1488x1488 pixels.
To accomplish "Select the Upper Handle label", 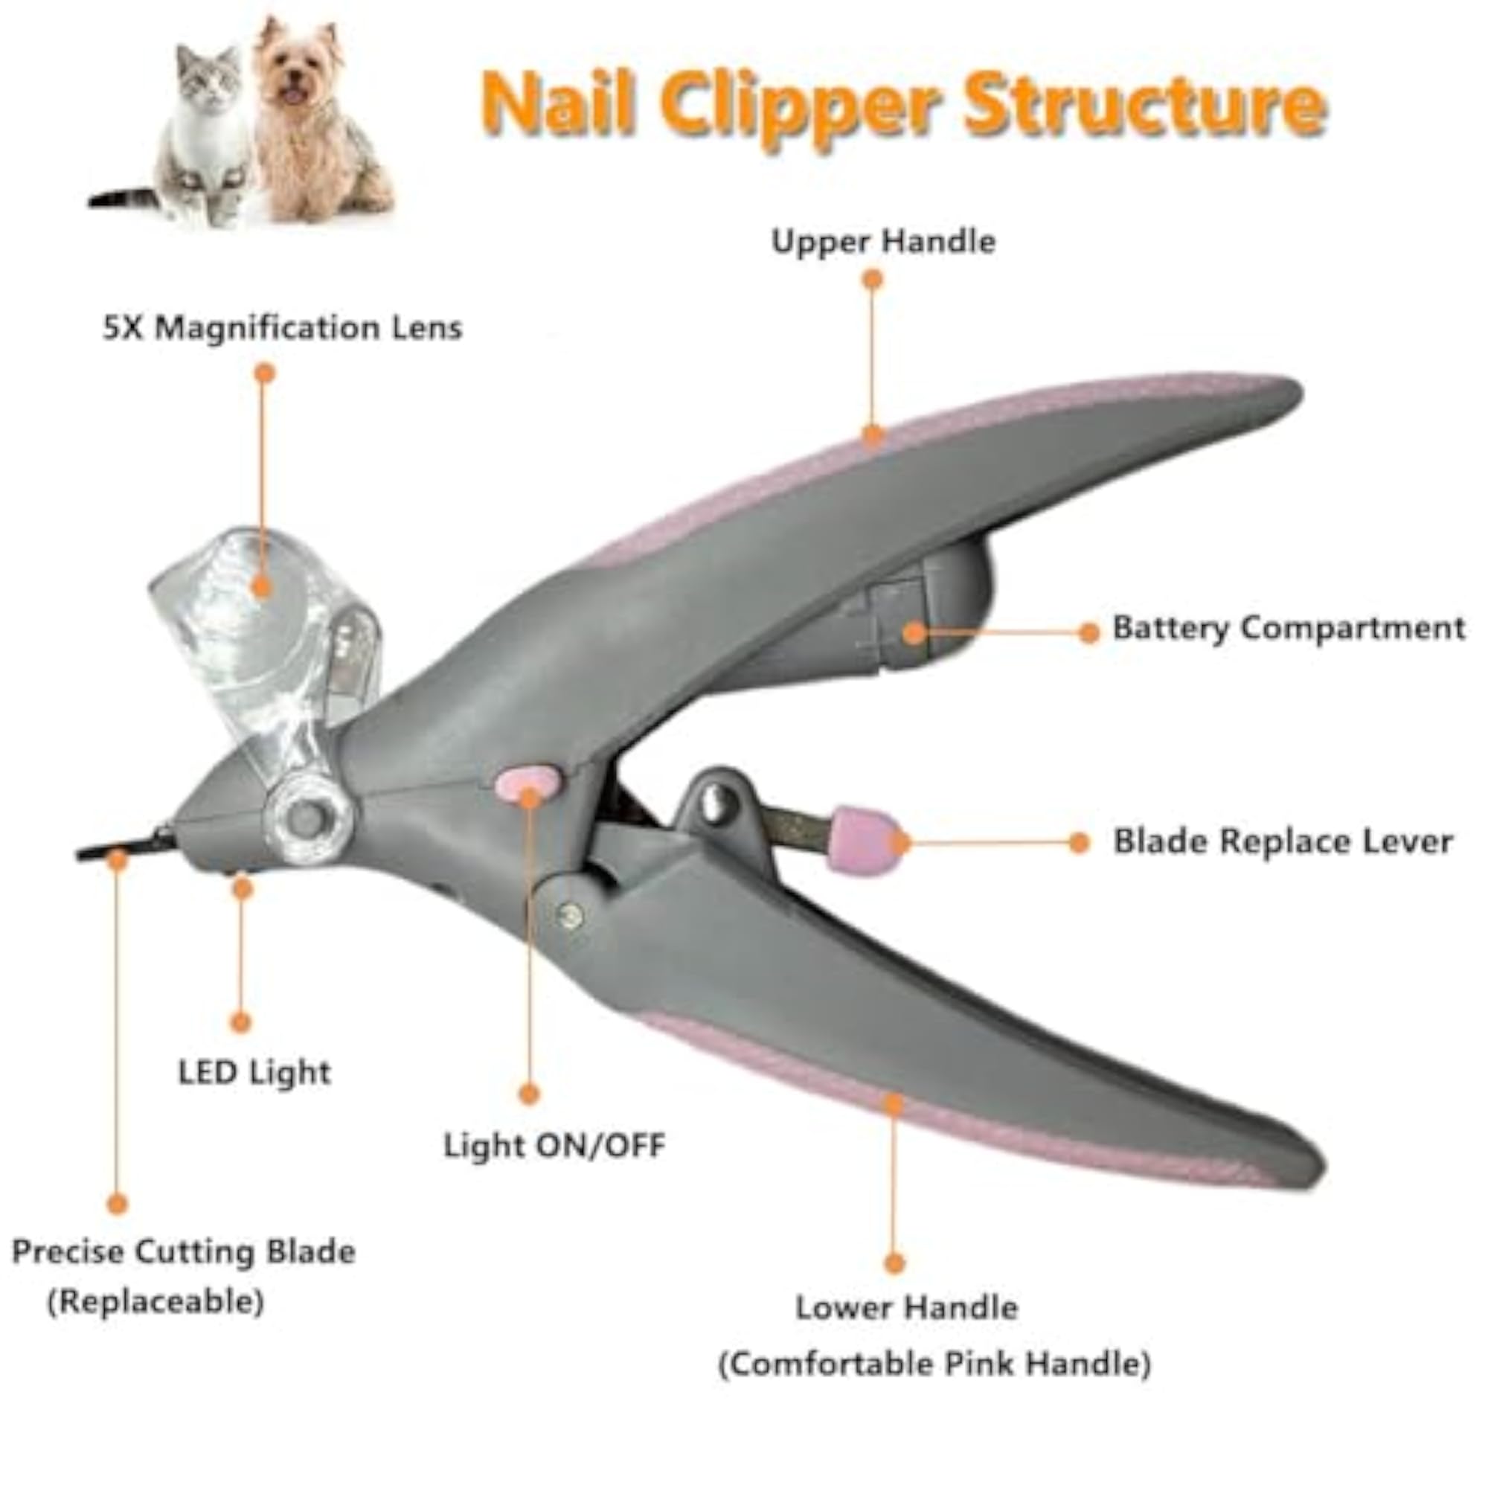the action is click(883, 242).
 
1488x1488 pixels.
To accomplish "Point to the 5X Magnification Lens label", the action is click(283, 329).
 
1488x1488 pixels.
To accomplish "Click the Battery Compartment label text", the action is click(1289, 629).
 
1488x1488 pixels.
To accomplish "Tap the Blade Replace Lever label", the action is click(1283, 841).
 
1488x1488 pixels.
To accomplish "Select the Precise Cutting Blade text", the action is click(183, 1252).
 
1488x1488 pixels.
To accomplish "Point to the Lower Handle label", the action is click(906, 1308).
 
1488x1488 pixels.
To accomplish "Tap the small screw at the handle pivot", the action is click(571, 916).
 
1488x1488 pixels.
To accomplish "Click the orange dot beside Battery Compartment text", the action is click(1088, 633).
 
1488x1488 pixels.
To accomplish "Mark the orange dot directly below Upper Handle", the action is click(872, 280).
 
